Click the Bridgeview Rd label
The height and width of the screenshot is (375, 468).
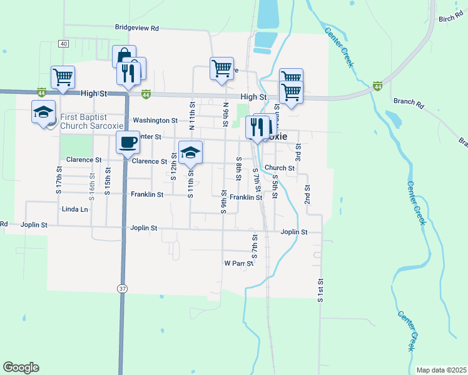pyautogui.click(x=137, y=28)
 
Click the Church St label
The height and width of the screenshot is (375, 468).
pyautogui.click(x=279, y=167)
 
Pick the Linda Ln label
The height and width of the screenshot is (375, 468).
pyautogui.click(x=74, y=209)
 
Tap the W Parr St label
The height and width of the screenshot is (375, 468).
pyautogui.click(x=238, y=263)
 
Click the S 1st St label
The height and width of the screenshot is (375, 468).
pyautogui.click(x=320, y=291)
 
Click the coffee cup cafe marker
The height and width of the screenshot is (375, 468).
pyautogui.click(x=128, y=142)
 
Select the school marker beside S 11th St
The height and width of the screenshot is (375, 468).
pyautogui.click(x=191, y=152)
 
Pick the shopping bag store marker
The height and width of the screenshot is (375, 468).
pyautogui.click(x=124, y=56)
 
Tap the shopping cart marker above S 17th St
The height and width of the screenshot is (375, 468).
pyautogui.click(x=63, y=77)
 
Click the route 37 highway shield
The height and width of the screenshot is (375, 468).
pyautogui.click(x=123, y=287)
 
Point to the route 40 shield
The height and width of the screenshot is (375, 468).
pyautogui.click(x=64, y=44)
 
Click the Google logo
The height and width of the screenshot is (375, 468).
pyautogui.click(x=21, y=367)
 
